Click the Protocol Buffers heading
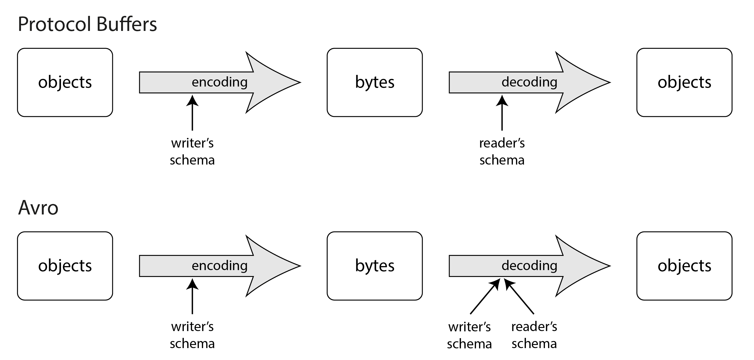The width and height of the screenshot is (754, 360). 87,24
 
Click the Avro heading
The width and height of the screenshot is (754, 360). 38,208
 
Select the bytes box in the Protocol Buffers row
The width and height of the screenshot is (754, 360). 374,82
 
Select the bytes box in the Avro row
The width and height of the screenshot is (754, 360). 374,266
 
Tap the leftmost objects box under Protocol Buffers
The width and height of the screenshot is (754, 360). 65,82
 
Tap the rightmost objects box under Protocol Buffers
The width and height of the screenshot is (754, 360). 684,82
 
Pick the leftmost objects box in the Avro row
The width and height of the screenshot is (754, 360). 65,266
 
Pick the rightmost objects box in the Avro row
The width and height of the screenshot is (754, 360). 684,266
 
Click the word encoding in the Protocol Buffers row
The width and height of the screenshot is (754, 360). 220,82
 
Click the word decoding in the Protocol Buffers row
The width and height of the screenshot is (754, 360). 529,82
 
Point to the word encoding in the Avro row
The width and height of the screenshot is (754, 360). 220,266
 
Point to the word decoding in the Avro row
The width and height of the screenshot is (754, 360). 529,266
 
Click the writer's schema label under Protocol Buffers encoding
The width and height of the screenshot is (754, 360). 192,151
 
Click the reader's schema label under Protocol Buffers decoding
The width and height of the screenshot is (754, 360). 502,151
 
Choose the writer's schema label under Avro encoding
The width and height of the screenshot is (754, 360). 192,335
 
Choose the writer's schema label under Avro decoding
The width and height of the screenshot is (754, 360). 469,335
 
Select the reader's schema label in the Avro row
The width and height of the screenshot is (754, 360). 534,335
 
